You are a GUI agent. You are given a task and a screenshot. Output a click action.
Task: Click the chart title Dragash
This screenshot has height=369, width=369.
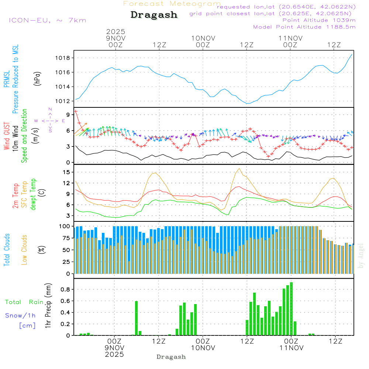click(154, 15)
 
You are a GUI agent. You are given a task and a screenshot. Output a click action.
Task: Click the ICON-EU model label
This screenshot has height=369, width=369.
click(47, 20)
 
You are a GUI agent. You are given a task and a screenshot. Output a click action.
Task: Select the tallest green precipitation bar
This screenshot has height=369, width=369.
click(291, 308)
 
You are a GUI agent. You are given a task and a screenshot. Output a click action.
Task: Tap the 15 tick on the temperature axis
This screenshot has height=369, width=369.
click(67, 172)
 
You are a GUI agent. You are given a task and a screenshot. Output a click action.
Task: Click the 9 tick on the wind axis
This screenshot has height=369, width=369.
click(68, 115)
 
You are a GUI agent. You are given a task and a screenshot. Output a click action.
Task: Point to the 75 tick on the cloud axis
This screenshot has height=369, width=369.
click(65, 238)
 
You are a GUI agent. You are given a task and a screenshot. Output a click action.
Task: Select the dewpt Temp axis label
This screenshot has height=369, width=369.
click(34, 194)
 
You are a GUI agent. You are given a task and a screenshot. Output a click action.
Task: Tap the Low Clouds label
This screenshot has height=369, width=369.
click(25, 249)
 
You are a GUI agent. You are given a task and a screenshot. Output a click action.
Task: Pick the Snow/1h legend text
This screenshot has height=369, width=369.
click(20, 315)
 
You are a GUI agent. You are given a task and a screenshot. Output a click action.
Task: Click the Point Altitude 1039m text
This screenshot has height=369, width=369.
click(319, 20)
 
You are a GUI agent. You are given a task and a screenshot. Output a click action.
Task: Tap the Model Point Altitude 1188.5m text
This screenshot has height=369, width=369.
click(304, 27)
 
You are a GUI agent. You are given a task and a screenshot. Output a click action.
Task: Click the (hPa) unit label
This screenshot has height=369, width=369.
click(37, 78)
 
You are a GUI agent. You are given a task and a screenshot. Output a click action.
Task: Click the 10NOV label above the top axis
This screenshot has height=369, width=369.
click(203, 38)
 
